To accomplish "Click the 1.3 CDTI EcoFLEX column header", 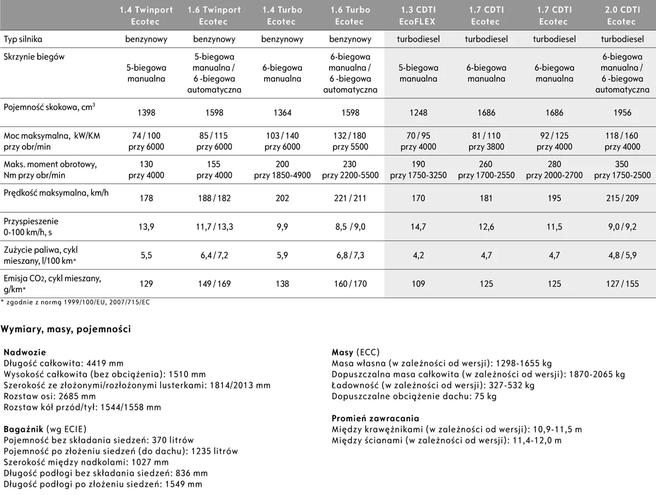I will coord(418,16).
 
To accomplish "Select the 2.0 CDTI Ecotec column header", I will coord(621,16).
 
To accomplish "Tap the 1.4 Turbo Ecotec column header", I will coord(282,16).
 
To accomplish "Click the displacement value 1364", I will coord(282,113).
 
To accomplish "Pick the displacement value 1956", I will coord(622,113).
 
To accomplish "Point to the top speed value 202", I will coord(282,199).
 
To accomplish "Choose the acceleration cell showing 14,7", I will coord(418,227).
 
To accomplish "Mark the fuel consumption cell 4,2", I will coord(418,255).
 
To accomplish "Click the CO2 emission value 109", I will coord(418,284).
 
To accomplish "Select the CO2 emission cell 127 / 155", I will coord(622,284).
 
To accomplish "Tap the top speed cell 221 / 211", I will coord(350,199).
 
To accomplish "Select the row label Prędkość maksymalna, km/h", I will coord(56,193).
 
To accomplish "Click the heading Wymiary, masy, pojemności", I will coord(66,329).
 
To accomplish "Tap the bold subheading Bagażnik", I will coord(23,429).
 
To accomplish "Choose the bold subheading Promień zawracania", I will coord(376,418).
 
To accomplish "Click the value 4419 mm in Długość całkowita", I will coord(106,363).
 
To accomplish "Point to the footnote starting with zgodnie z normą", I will coord(77,302).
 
